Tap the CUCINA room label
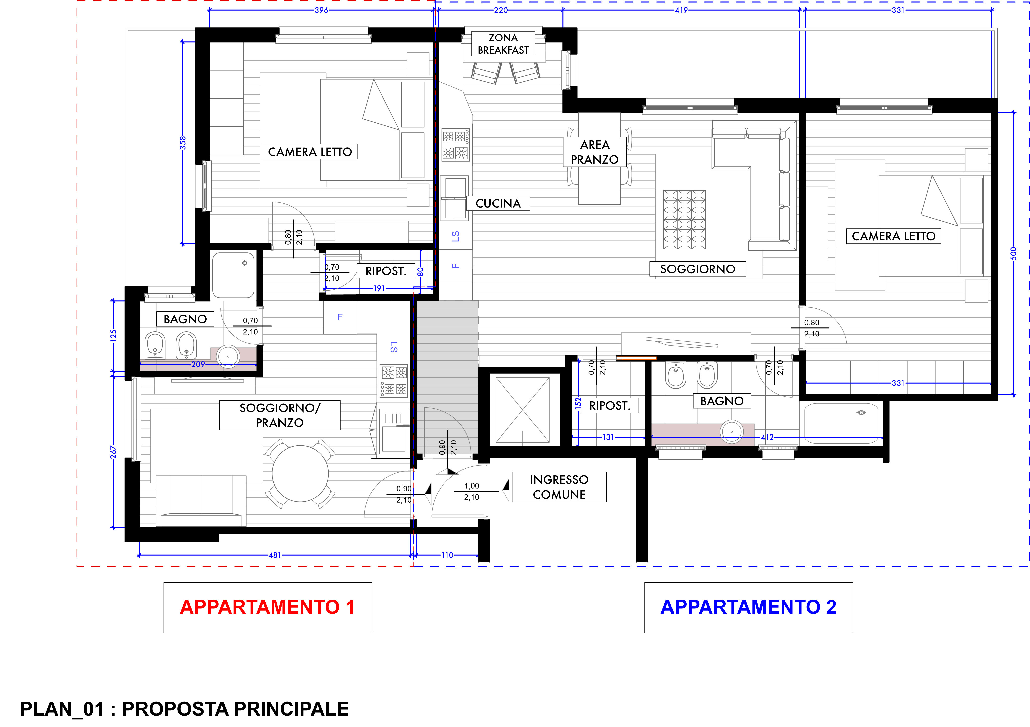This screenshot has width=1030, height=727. pos(498,203)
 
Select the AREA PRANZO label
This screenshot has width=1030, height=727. pos(595,152)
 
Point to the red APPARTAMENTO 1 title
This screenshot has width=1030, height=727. pos(267,607)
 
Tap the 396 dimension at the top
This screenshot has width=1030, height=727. pos(321,10)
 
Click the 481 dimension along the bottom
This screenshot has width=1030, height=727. pos(275,555)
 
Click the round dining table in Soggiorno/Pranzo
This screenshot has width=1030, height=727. pos(300,474)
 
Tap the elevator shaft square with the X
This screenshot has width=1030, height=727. pos(523,410)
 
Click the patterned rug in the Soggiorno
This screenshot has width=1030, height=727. pos(685,219)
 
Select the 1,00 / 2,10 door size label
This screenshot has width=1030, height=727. pos(471,491)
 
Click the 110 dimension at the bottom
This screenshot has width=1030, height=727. pos(447,555)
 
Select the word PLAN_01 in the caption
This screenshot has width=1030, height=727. pos(62,709)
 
